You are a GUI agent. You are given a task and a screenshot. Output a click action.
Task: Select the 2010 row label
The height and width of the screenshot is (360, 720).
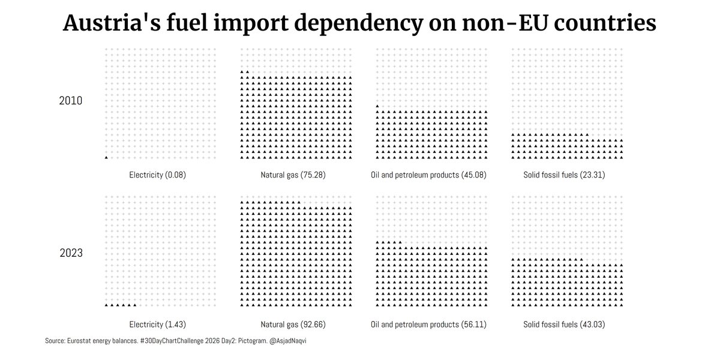[x=71, y=100]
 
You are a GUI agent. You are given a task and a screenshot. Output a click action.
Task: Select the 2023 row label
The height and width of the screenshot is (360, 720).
[x=71, y=253]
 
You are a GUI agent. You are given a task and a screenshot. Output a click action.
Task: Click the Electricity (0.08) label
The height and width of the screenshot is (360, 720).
[x=158, y=175]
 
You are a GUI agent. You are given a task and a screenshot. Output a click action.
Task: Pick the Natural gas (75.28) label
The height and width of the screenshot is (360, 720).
[x=293, y=175]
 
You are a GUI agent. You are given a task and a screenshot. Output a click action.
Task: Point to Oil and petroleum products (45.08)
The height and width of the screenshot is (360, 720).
[x=428, y=175]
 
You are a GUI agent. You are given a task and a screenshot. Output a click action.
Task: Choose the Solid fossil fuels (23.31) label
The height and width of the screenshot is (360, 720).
[x=565, y=175]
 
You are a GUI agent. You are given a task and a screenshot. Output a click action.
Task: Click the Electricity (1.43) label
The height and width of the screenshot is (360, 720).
[x=158, y=325]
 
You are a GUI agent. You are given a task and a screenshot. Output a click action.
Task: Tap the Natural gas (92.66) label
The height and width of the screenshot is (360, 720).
[x=293, y=325]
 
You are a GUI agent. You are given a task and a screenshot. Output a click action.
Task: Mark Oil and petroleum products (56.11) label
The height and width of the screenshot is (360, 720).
[x=428, y=325]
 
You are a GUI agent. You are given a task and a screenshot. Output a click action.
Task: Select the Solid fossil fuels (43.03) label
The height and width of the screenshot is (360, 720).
[x=565, y=325]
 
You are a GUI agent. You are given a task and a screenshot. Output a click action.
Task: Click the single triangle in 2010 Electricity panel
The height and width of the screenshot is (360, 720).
[x=106, y=157]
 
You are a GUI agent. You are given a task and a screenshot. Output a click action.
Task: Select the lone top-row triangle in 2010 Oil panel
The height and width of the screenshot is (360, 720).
[x=377, y=106]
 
